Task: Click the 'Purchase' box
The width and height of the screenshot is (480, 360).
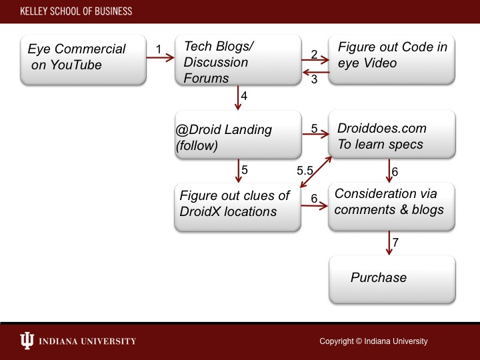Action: click(392, 278)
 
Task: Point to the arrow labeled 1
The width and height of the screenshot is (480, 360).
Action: click(160, 58)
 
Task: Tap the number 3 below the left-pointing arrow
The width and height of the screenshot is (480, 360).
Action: click(313, 81)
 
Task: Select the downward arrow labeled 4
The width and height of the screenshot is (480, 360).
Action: click(238, 98)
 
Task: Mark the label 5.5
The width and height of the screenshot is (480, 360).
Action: click(305, 171)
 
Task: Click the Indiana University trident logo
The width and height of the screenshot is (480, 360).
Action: click(27, 341)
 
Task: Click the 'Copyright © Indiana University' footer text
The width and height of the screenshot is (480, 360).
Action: click(373, 341)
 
